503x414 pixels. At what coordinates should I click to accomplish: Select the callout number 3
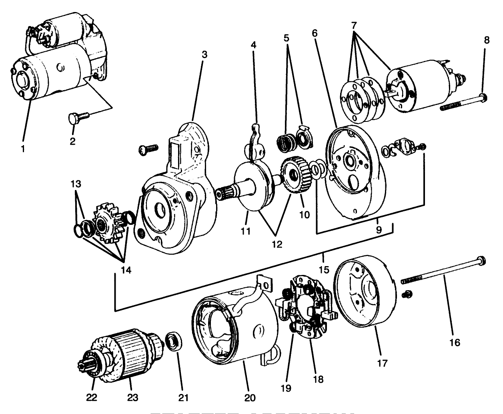pos(204,55)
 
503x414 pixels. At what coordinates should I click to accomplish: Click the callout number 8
pos(485,40)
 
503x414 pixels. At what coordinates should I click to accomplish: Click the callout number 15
pos(324,270)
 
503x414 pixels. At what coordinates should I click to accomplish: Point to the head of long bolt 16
pos(481,261)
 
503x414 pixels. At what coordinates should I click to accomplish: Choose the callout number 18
pos(319,379)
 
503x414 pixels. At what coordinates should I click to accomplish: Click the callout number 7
pos(354,25)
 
